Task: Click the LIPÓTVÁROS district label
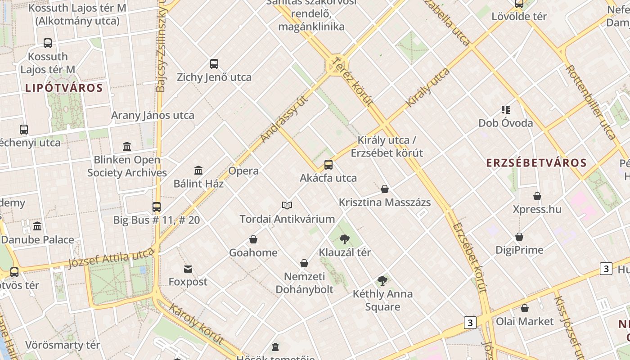tap(64, 88)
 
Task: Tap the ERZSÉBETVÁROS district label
tap(536, 163)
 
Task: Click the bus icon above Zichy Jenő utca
tap(214, 64)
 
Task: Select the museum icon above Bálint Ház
tap(198, 170)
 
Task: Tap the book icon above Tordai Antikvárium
tap(287, 206)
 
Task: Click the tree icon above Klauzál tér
tap(345, 239)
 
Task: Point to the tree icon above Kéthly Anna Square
tap(382, 281)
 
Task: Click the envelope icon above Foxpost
tap(188, 269)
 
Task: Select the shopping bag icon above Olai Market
tap(525, 308)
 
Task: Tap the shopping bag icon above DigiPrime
tap(519, 237)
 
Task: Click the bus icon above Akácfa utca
tap(328, 165)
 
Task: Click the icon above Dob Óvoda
tap(505, 110)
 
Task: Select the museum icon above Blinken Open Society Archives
tap(127, 147)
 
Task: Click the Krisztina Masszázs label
tap(385, 202)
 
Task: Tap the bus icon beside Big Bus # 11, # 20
tap(157, 207)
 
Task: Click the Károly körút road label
tap(196, 324)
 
